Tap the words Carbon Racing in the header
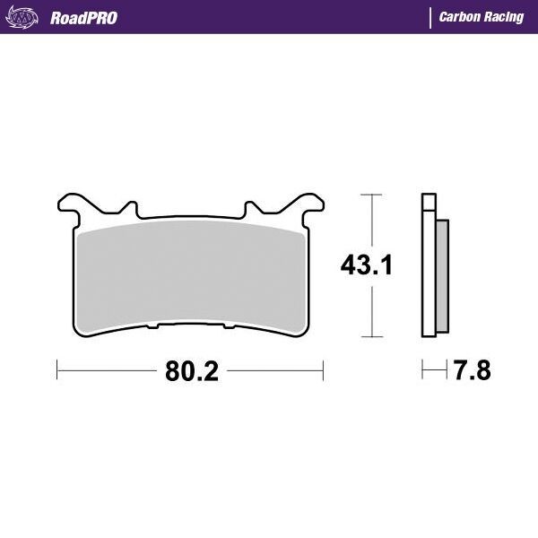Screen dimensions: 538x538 (482, 17)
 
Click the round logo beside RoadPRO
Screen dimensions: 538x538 (27, 16)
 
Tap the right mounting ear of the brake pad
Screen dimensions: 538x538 (310, 204)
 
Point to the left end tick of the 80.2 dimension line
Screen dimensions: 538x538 (57, 369)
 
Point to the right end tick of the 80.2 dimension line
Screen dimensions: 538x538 (323, 369)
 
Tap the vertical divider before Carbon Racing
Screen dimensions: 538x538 (431, 17)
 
